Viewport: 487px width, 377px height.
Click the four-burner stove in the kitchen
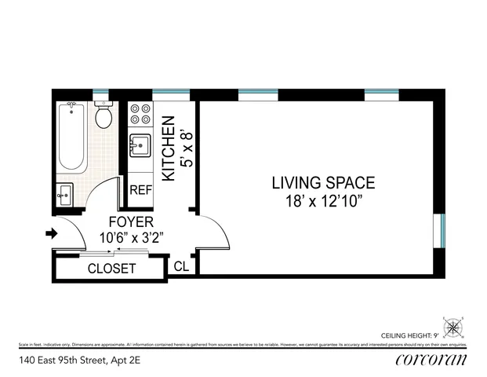pos(140,114)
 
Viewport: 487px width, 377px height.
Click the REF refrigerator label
pos(140,190)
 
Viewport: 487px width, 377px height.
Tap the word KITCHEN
pos(168,149)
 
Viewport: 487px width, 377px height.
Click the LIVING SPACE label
pos(323,183)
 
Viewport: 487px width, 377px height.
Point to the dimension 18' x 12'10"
pos(323,200)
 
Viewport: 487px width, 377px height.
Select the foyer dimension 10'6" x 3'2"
pos(131,237)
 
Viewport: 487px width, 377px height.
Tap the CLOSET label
pos(111,269)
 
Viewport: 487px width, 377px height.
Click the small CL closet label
pos(181,267)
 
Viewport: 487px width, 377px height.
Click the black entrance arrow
pos(53,233)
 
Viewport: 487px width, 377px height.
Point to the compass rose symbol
pos(453,328)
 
